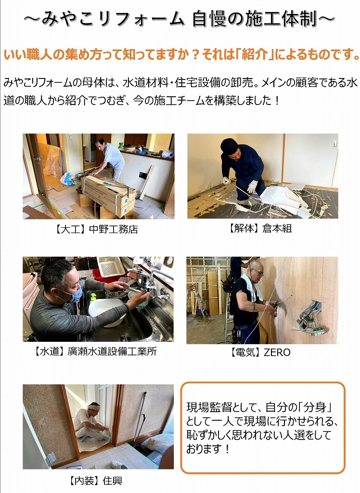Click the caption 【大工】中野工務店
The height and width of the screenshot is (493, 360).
(x=96, y=229)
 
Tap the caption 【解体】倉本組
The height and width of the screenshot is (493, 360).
(x=260, y=228)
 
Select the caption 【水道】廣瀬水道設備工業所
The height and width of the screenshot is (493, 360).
(x=95, y=351)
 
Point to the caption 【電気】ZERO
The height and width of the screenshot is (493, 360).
(x=260, y=352)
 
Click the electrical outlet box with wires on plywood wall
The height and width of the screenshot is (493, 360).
(x=309, y=318)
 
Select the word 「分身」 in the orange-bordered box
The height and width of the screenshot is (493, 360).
(x=316, y=407)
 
